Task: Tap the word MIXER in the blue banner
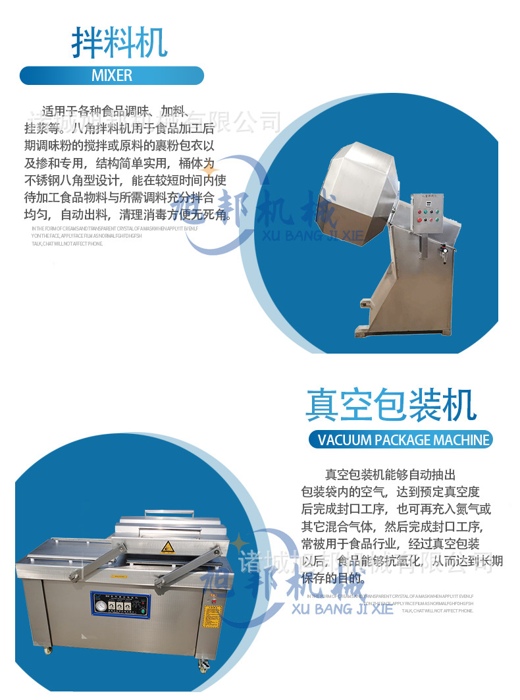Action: pyautogui.click(x=112, y=76)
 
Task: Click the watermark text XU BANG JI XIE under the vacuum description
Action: pyautogui.click(x=342, y=608)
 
